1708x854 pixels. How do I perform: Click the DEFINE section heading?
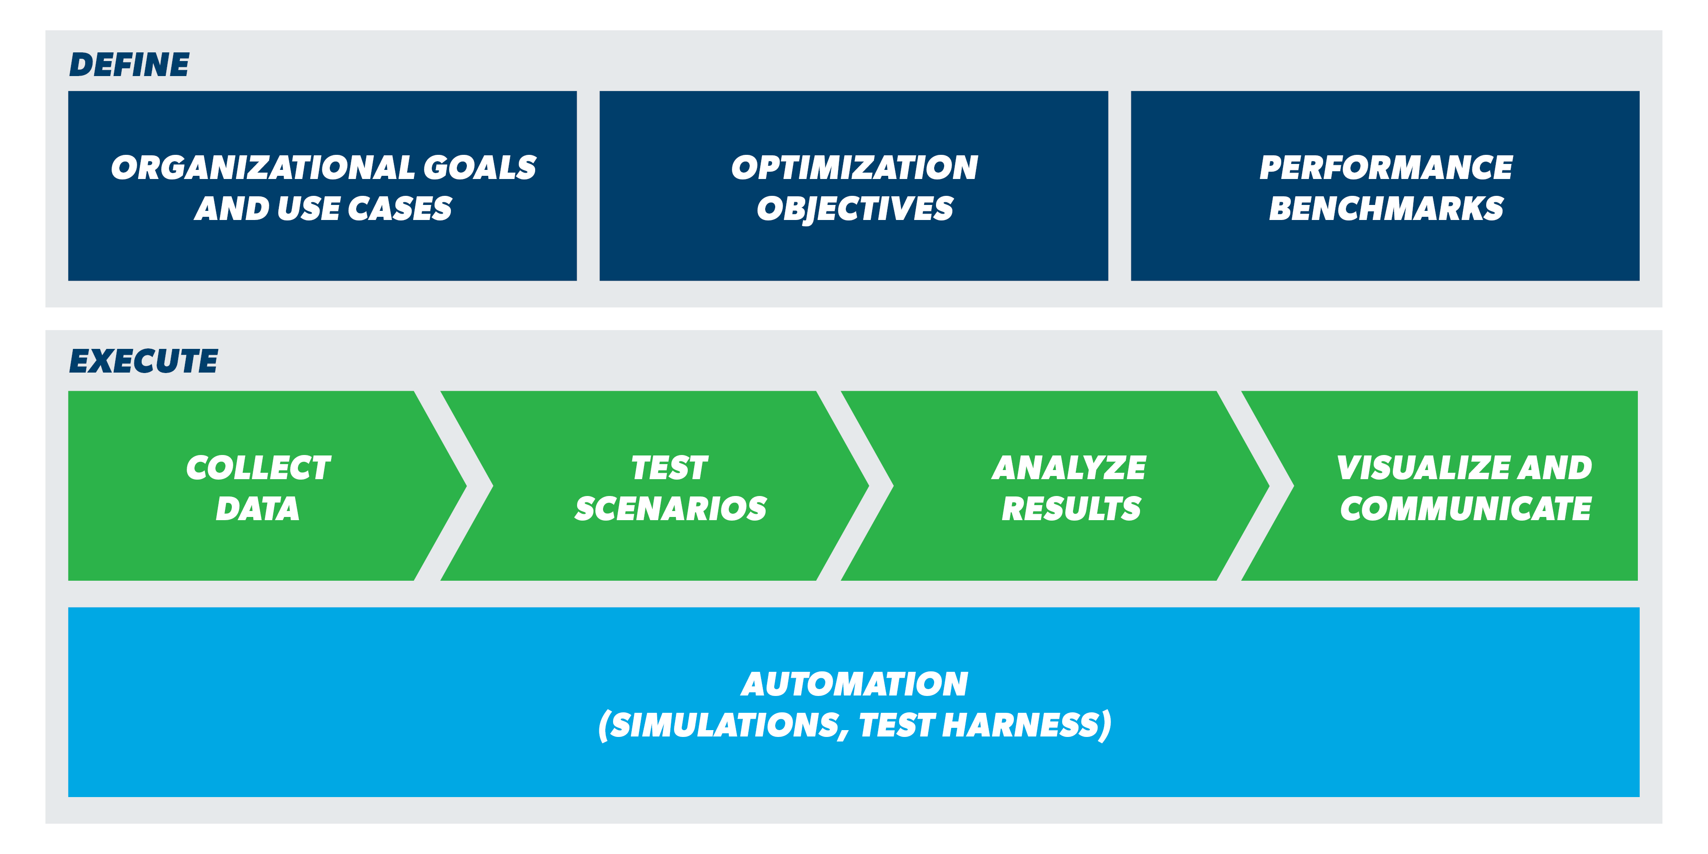click(129, 65)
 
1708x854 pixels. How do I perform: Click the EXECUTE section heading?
click(143, 361)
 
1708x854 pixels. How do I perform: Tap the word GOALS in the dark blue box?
click(480, 167)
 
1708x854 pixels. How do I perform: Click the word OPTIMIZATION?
click(854, 167)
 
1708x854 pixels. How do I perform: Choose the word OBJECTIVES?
click(854, 209)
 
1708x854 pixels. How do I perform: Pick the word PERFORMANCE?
click(1386, 167)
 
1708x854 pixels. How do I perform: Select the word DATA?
click(257, 509)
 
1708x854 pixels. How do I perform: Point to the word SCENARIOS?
click(670, 509)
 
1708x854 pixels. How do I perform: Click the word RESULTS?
click(1071, 509)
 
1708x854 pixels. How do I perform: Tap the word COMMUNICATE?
click(1465, 509)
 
